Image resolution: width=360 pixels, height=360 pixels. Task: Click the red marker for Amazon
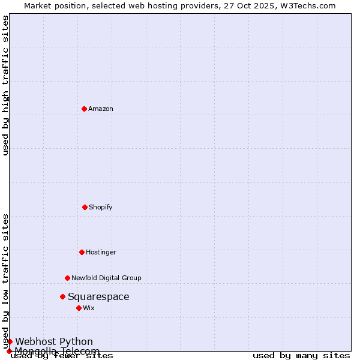(84, 109)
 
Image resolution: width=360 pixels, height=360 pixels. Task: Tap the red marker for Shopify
(85, 207)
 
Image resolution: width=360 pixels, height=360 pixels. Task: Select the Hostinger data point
(82, 252)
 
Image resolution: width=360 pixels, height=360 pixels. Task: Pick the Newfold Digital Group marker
(67, 278)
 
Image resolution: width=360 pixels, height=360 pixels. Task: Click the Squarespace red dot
(62, 296)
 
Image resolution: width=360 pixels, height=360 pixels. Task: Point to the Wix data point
(79, 308)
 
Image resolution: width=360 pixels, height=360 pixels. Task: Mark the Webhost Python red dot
(10, 341)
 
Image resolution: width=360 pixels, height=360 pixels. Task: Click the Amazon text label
(101, 109)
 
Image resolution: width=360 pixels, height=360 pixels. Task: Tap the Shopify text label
(101, 207)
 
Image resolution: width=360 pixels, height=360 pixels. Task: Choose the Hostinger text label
(101, 252)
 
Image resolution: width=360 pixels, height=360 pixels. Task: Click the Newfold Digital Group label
(106, 278)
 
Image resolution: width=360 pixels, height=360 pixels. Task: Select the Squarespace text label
(98, 296)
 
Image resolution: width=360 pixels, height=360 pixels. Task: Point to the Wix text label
(89, 308)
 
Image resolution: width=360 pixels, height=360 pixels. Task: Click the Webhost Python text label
(54, 341)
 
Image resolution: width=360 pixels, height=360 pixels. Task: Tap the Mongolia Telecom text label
(57, 351)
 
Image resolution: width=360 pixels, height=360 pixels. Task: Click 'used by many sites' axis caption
(301, 356)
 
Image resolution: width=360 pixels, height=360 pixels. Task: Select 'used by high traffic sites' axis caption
(6, 85)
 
